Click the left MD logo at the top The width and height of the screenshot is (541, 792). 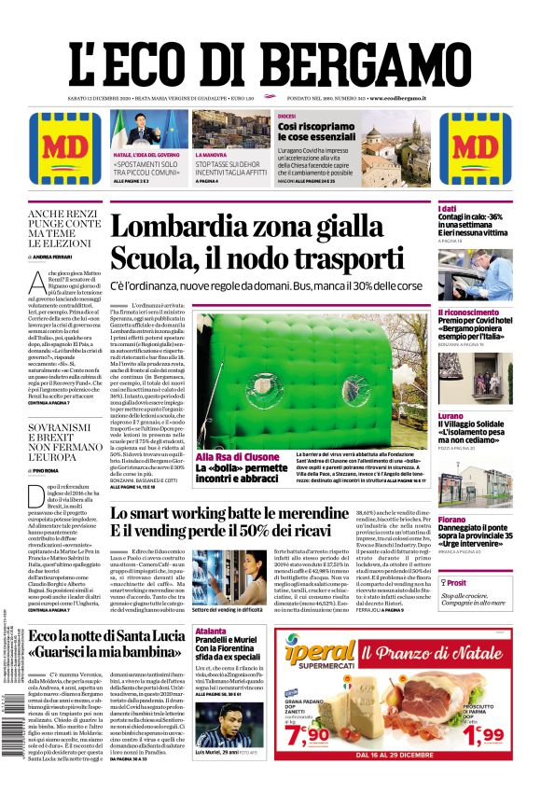pos(64,148)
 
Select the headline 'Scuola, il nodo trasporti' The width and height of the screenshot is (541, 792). pos(257,257)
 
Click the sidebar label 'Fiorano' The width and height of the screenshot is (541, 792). pos(452,520)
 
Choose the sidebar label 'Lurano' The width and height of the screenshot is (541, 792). pos(451,415)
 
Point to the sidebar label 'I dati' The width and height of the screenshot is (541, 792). pos(449,208)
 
